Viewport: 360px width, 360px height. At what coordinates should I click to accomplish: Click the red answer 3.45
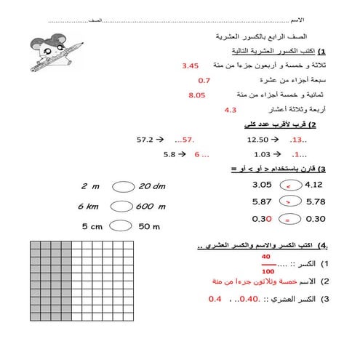pyautogui.click(x=191, y=65)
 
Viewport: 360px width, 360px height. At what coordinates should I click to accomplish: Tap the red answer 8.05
pyautogui.click(x=196, y=95)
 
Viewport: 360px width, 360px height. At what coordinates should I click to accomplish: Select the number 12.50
pyautogui.click(x=258, y=139)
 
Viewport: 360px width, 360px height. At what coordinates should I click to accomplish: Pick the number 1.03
pyautogui.click(x=262, y=154)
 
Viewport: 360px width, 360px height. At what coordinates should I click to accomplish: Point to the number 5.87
pyautogui.click(x=261, y=201)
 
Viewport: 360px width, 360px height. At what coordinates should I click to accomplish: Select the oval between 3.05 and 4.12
pyautogui.click(x=289, y=185)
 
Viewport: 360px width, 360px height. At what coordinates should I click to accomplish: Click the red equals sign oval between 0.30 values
pyautogui.click(x=289, y=218)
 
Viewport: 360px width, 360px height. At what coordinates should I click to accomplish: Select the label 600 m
pyautogui.click(x=151, y=207)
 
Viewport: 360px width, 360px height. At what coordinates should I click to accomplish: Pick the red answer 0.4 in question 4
pyautogui.click(x=215, y=299)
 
